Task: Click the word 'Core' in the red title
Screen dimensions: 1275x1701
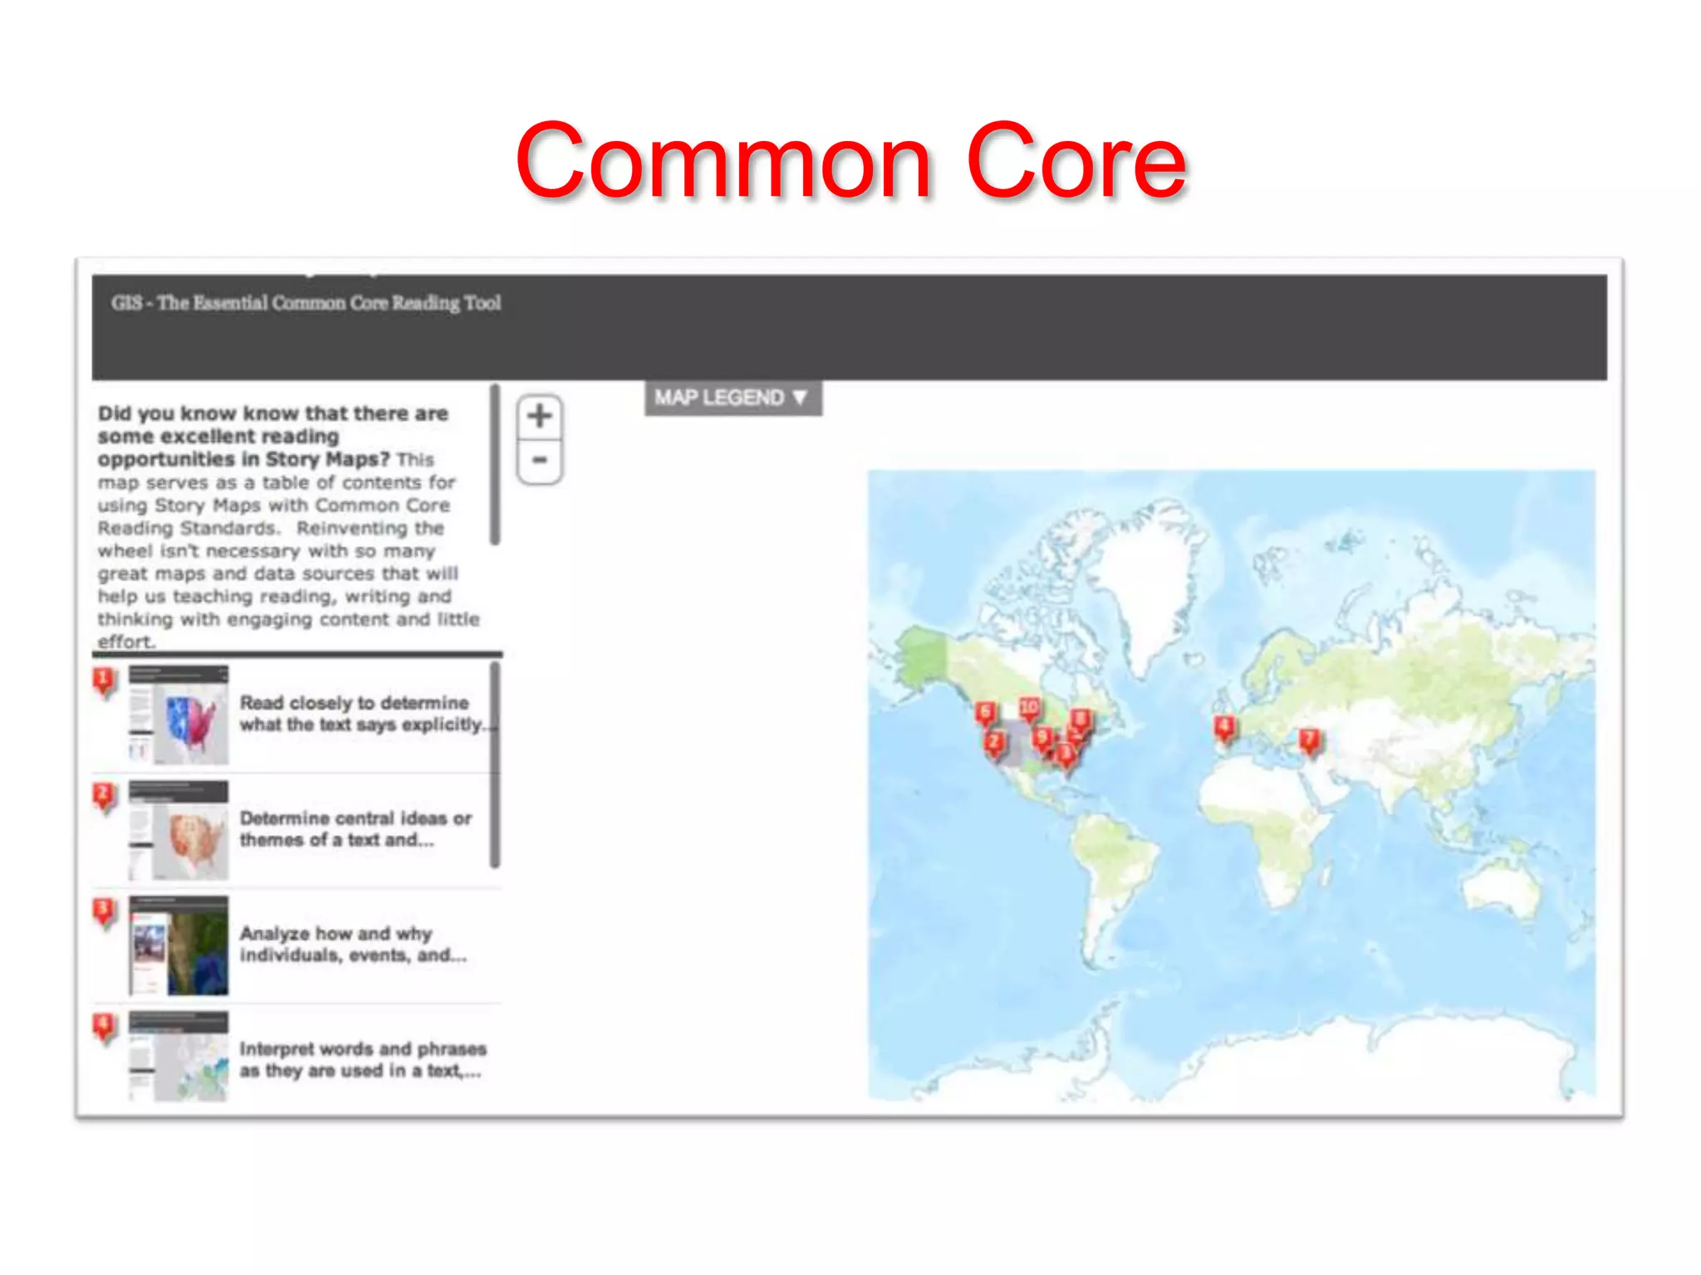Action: point(1076,162)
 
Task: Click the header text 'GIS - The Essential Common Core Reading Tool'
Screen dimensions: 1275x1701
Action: point(306,303)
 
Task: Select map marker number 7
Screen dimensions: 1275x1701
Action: point(1309,740)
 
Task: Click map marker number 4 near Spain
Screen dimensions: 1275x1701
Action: point(1223,728)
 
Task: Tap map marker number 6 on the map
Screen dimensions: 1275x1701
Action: point(985,712)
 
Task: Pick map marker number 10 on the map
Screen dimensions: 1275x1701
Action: point(1029,707)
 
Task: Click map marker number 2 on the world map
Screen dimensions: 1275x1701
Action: point(994,742)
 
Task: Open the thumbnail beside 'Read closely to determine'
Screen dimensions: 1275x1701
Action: point(179,715)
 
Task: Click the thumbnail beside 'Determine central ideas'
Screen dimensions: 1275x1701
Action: point(179,830)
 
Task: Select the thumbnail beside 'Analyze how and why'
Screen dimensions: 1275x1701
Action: point(179,945)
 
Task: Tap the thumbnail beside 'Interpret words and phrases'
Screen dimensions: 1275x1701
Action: point(179,1057)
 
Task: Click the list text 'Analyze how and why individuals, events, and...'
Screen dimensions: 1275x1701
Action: point(353,945)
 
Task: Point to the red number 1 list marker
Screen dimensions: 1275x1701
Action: point(104,681)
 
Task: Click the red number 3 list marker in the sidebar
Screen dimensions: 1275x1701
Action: point(104,911)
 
